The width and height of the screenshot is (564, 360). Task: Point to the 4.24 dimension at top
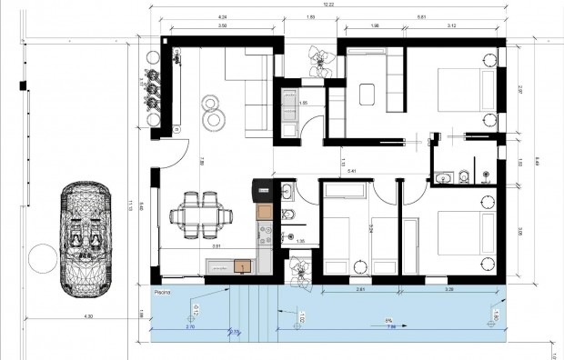222,17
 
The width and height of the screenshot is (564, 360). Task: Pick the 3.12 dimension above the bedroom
451,26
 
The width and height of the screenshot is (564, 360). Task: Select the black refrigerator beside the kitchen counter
264,189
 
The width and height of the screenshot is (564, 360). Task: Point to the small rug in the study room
368,94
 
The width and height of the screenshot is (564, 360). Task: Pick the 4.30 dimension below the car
87,315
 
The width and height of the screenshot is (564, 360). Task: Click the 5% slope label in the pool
388,320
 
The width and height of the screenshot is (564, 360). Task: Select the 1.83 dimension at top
310,17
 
